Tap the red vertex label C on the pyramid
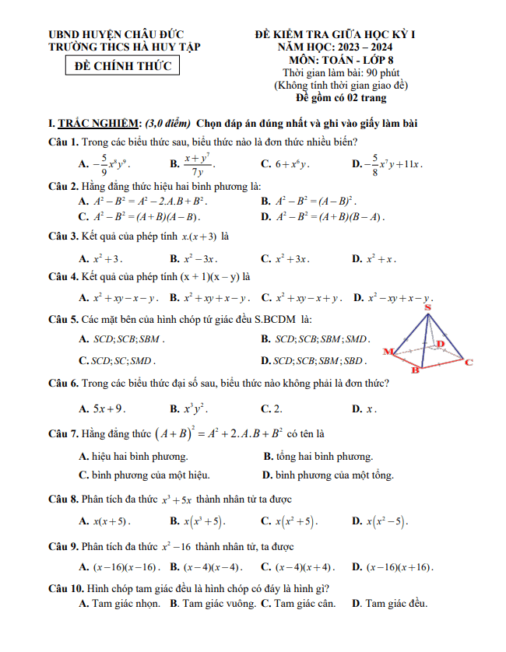tap(469, 362)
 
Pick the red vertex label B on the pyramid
tap(414, 370)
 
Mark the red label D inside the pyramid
tap(440, 343)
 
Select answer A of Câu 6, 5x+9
tap(104, 408)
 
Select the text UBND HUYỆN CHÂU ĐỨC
tap(115, 35)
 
